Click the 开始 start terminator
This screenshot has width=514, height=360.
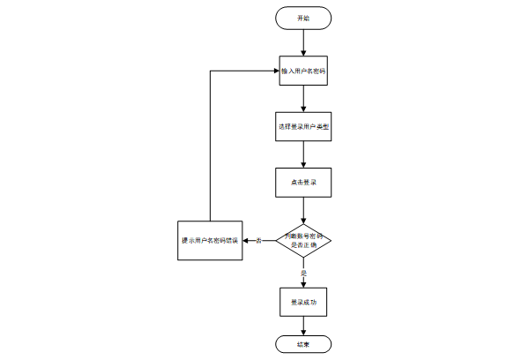303,17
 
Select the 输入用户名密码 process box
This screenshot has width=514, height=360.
303,70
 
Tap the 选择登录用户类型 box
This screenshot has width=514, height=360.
303,126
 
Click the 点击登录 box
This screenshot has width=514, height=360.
303,183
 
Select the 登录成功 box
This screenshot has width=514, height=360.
303,302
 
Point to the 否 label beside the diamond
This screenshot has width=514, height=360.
259,240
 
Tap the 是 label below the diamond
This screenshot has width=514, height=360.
303,274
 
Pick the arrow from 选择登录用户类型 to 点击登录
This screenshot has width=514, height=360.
303,154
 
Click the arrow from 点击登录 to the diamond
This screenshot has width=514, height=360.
303,210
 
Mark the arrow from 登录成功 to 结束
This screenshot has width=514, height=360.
303,325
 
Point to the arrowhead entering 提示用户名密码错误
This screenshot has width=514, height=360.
247,239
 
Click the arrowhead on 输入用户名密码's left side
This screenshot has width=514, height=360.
275,70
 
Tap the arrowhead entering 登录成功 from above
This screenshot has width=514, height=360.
303,283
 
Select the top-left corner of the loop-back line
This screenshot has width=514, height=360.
210,70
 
